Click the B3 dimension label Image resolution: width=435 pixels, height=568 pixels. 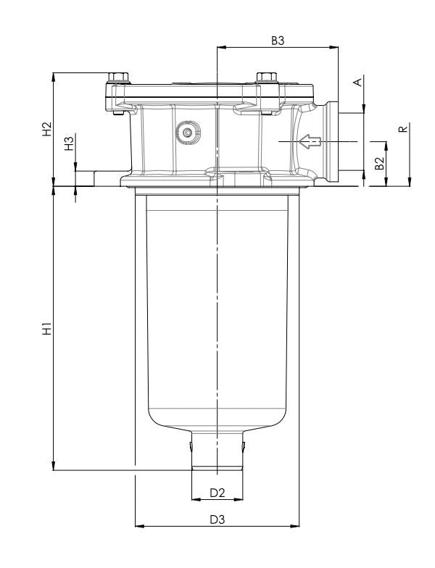278,41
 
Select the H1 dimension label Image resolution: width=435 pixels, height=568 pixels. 47,329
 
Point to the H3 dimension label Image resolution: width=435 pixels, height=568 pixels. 70,143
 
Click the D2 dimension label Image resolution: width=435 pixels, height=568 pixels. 217,493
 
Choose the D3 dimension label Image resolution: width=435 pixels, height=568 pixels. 217,519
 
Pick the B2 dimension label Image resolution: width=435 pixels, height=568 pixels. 378,162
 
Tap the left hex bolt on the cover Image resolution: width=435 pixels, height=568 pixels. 117,78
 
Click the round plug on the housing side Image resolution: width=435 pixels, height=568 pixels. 189,133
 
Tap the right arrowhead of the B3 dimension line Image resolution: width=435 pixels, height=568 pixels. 335,49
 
